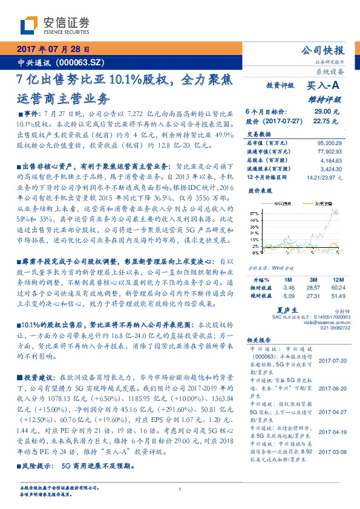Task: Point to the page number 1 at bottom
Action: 180,489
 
